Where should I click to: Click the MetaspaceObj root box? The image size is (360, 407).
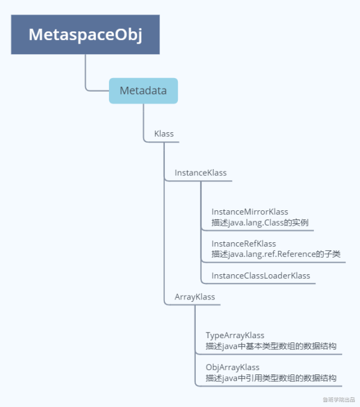[86, 34]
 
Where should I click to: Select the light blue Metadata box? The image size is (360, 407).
[143, 91]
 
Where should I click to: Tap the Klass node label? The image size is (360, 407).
[164, 133]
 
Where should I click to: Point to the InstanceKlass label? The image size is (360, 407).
[201, 173]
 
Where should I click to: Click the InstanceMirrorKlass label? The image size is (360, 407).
[250, 211]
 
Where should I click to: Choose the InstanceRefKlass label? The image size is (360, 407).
[244, 243]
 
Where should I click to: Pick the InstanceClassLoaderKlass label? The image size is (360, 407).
[261, 275]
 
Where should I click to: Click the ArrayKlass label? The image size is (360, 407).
[194, 297]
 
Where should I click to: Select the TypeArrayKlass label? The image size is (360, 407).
[235, 336]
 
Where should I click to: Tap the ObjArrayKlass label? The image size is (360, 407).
[233, 368]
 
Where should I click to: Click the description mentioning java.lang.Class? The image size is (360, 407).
[264, 222]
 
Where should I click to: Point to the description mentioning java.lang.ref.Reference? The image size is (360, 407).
[276, 254]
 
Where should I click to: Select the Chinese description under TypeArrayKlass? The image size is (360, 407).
[271, 346]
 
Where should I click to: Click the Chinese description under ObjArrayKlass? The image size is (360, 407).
[271, 378]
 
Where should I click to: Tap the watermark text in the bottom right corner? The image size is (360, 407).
[338, 400]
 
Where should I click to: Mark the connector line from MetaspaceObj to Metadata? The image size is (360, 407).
[87, 74]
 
